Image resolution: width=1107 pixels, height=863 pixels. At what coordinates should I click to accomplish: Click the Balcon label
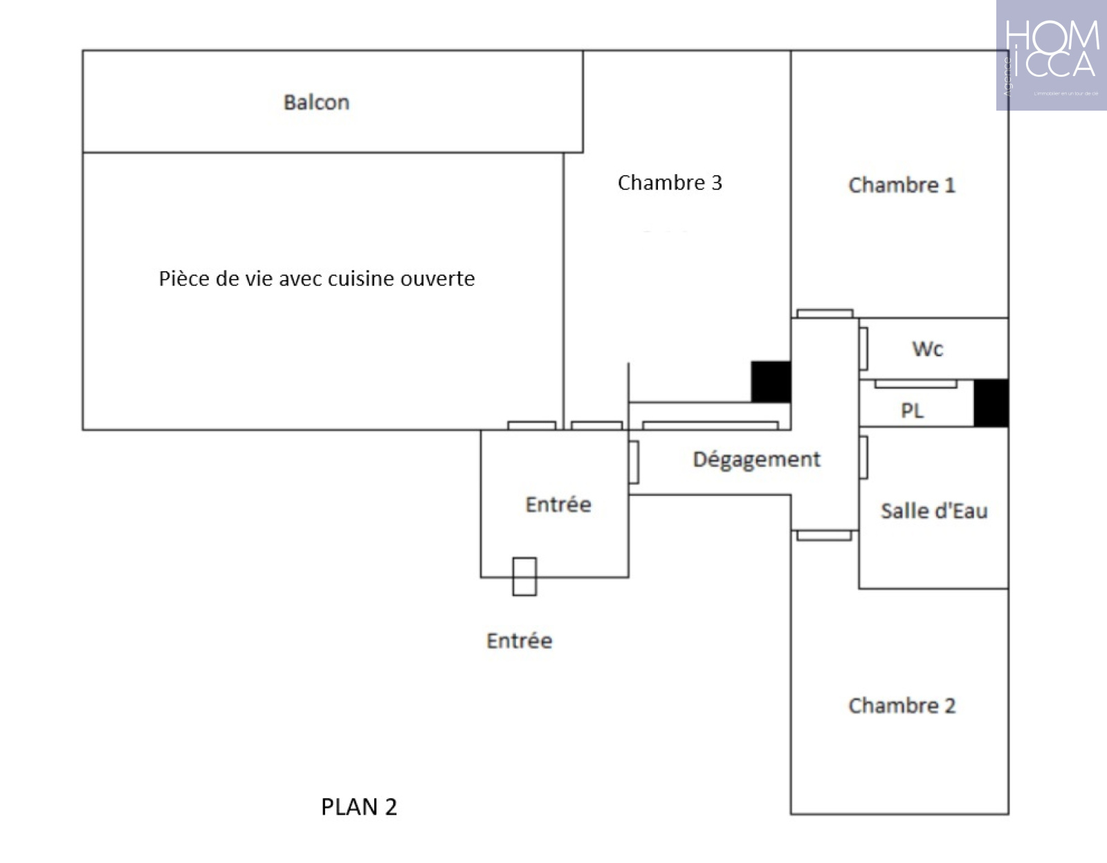click(316, 102)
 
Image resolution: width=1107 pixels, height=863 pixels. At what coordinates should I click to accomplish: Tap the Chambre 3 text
click(669, 183)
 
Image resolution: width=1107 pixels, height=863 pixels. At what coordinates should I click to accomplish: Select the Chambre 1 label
click(901, 185)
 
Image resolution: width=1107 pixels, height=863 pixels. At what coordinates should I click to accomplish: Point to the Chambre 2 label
click(902, 705)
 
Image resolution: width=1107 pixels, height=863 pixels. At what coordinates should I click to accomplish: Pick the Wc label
click(927, 349)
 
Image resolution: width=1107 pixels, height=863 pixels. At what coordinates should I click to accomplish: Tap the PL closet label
click(912, 411)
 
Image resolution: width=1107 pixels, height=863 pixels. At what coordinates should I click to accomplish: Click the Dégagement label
click(756, 460)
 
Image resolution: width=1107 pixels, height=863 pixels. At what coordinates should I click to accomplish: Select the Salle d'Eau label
click(933, 511)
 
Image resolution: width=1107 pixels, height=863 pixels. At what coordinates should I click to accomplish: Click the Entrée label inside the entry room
click(558, 504)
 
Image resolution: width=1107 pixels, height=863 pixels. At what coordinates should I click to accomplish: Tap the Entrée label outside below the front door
click(519, 641)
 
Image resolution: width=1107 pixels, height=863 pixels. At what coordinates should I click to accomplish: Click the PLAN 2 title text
click(359, 807)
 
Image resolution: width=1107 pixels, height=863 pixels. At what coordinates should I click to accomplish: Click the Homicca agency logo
click(1051, 55)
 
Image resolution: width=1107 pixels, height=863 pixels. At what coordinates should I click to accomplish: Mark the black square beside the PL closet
click(991, 402)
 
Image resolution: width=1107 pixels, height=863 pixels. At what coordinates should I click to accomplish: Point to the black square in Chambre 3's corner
click(771, 381)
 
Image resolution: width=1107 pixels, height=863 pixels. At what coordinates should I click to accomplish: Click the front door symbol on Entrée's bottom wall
click(524, 577)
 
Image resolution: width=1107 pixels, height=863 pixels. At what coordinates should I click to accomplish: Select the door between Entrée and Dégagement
click(634, 462)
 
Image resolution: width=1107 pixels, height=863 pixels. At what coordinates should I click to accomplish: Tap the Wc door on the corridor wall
click(863, 349)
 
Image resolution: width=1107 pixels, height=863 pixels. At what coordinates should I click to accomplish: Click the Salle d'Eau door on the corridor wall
click(863, 457)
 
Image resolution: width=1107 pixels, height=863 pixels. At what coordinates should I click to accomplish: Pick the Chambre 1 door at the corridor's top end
click(824, 313)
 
